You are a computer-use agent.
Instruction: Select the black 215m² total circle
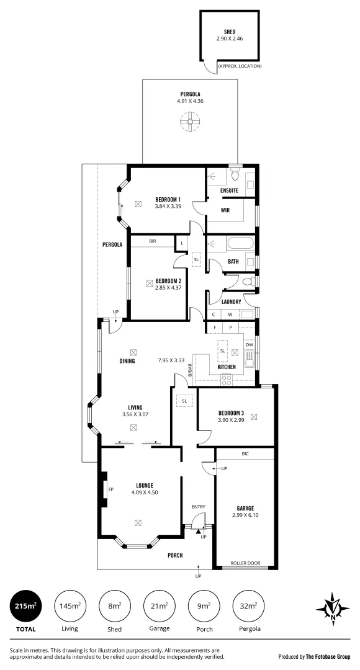(26, 605)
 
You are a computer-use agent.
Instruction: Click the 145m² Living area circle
(70, 605)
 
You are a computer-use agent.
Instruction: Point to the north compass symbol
(334, 609)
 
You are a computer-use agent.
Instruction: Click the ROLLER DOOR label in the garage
(245, 563)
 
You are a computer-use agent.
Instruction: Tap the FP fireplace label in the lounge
(111, 489)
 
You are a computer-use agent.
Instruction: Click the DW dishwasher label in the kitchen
(250, 345)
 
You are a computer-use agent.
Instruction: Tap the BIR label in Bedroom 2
(153, 241)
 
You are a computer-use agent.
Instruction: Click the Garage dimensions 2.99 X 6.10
(245, 515)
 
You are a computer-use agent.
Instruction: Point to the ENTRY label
(198, 507)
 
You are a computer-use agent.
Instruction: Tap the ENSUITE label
(230, 190)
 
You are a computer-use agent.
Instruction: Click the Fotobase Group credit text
(315, 656)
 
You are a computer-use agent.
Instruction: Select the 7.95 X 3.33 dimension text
(172, 360)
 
